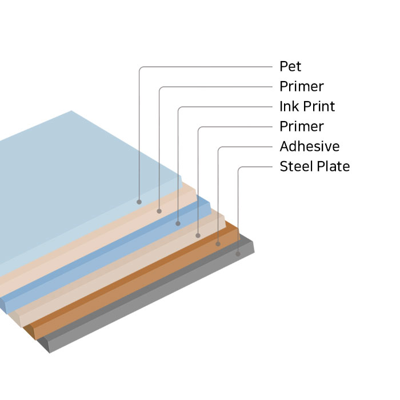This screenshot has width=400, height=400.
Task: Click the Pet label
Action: tap(290, 67)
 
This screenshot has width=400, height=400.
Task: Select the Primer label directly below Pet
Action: tap(301, 87)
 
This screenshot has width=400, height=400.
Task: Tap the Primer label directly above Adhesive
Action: tap(301, 126)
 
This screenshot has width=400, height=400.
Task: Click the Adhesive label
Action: tap(309, 147)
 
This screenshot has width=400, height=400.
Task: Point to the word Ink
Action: tap(287, 107)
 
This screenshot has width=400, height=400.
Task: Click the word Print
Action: tap(317, 107)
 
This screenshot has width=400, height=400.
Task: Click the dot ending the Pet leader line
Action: tap(139, 202)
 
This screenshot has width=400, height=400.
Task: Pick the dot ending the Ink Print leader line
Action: tap(178, 223)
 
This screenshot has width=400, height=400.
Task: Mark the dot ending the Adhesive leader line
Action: tap(218, 244)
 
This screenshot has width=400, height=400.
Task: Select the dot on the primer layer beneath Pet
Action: tap(159, 211)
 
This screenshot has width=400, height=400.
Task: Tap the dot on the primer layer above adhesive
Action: tap(198, 235)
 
